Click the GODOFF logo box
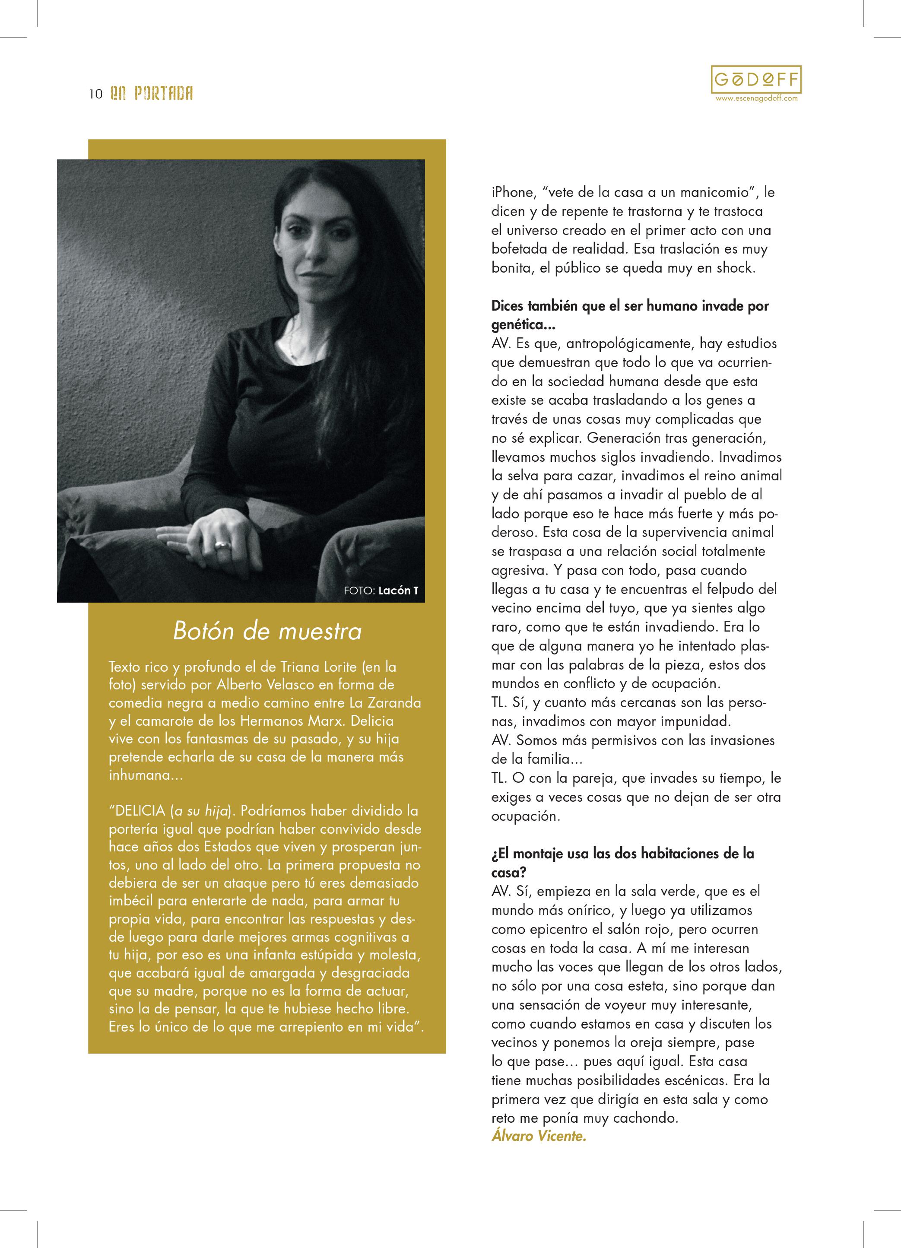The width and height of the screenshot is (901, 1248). pyautogui.click(x=756, y=80)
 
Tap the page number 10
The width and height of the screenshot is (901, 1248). pyautogui.click(x=95, y=94)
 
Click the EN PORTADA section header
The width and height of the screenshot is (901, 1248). pyautogui.click(x=151, y=94)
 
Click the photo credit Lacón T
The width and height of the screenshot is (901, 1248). pyautogui.click(x=398, y=591)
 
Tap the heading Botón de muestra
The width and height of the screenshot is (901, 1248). pyautogui.click(x=267, y=631)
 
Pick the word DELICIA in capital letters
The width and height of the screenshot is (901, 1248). pyautogui.click(x=140, y=810)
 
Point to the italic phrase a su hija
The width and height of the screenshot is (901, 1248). pyautogui.click(x=201, y=810)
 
